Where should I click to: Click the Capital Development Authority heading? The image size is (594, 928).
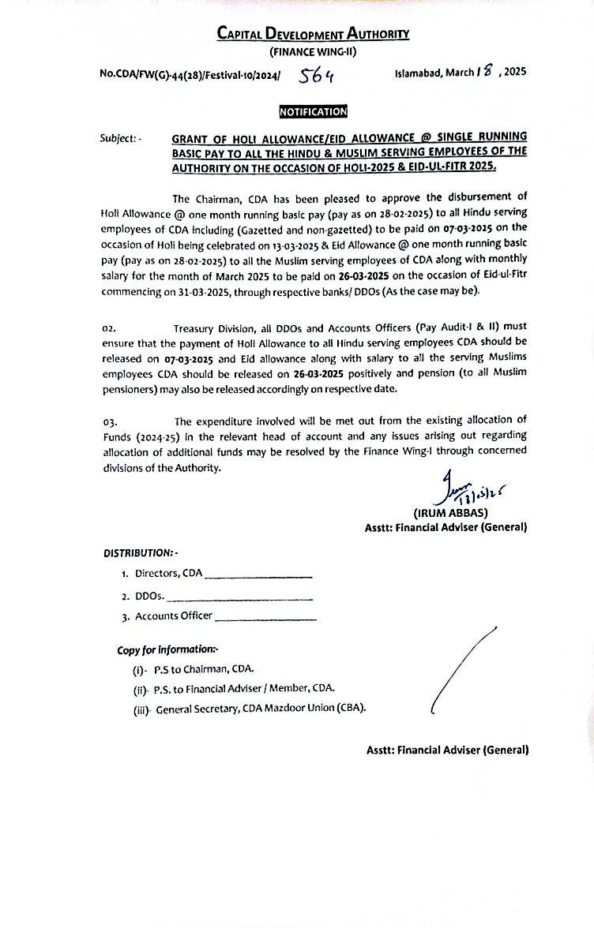(313, 34)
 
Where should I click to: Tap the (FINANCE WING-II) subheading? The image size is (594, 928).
(313, 52)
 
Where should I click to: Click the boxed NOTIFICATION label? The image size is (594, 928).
(313, 111)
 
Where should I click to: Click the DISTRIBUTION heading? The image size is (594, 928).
(140, 553)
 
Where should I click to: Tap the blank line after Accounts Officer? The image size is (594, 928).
(265, 619)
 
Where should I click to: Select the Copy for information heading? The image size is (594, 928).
(167, 649)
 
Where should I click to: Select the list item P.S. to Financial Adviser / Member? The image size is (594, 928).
(245, 688)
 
